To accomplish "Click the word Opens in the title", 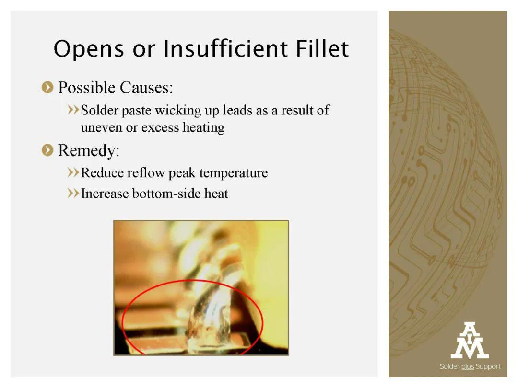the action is [89, 49].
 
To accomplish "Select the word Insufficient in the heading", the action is [225, 48].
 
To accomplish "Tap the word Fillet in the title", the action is [322, 48].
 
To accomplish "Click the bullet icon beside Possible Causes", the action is [47, 88].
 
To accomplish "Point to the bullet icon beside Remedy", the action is [47, 150].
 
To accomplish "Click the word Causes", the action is [146, 88].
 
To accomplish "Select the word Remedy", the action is [89, 151].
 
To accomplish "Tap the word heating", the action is [203, 127].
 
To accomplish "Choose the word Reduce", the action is [103, 172].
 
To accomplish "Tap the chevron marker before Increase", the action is [73, 194].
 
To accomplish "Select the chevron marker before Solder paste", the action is [73, 110].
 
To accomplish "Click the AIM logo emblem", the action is [470, 340].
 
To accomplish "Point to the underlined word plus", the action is [468, 367].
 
